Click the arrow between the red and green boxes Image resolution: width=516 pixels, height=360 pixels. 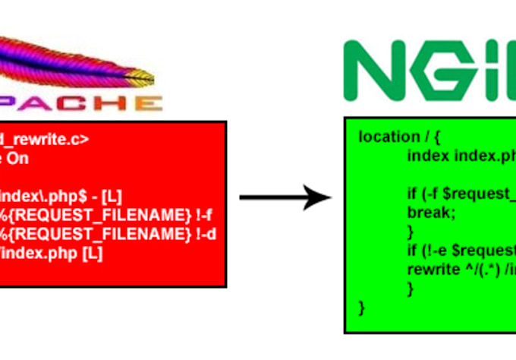[285, 199]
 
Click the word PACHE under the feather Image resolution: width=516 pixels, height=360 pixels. [83, 104]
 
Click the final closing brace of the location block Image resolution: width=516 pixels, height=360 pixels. [361, 307]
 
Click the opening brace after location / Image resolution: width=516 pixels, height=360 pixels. [439, 137]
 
